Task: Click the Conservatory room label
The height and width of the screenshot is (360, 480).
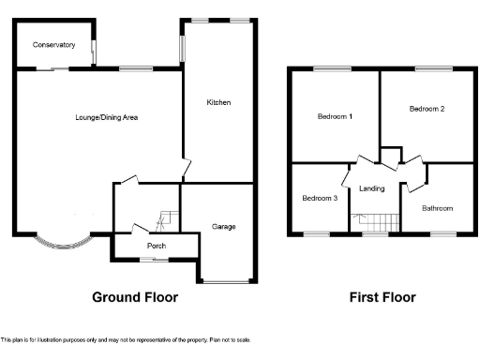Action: click(x=53, y=44)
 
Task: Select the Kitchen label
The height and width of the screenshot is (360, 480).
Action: click(x=218, y=102)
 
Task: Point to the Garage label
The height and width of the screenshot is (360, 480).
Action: click(x=223, y=227)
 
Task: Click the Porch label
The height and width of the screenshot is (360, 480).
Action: click(x=156, y=247)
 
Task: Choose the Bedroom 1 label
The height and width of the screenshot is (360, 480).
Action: click(x=335, y=116)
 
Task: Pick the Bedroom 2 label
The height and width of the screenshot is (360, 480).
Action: click(x=427, y=109)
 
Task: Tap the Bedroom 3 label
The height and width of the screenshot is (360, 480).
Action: click(x=319, y=198)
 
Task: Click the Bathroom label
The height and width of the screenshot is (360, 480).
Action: click(x=437, y=208)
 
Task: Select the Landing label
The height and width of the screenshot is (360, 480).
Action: click(x=371, y=189)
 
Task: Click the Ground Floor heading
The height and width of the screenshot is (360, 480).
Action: click(x=134, y=297)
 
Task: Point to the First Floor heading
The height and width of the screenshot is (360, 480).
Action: click(x=382, y=297)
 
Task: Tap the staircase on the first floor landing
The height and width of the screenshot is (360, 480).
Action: click(x=375, y=222)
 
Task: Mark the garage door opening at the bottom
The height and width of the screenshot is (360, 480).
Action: click(x=225, y=280)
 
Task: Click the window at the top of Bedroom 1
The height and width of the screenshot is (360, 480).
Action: click(x=333, y=67)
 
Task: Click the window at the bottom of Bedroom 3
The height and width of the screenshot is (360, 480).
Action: click(x=317, y=233)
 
